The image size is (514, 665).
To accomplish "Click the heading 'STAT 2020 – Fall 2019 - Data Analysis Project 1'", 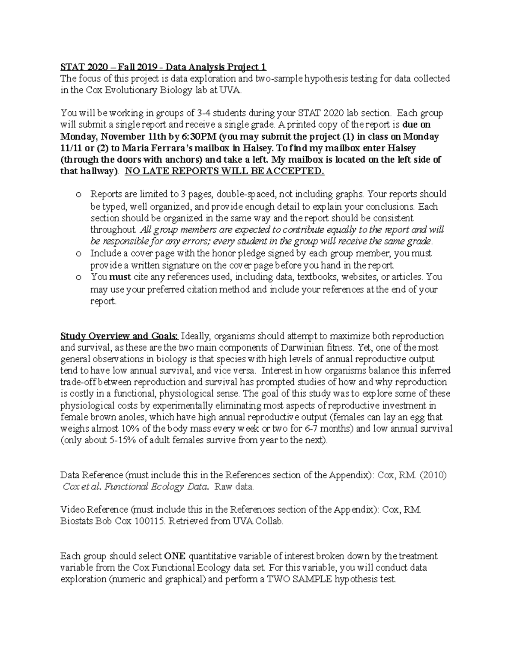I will click(x=163, y=67).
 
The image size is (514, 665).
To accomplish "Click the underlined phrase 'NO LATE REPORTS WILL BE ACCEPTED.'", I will click(x=224, y=172).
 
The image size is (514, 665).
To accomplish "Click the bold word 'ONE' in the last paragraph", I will click(x=175, y=557).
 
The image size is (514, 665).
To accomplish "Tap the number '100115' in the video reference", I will click(x=149, y=522).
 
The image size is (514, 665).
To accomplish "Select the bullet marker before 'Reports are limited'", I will click(x=78, y=195).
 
